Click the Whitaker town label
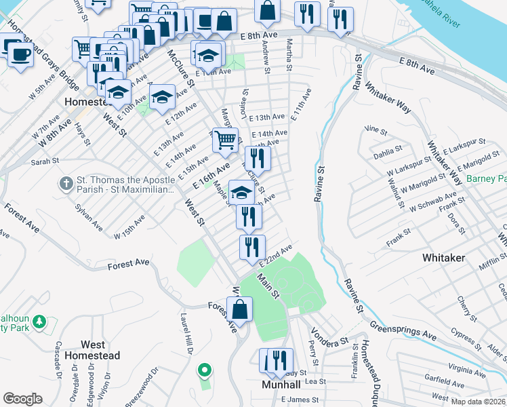(x=443, y=258)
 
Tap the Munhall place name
(x=285, y=384)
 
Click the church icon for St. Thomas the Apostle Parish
(x=66, y=182)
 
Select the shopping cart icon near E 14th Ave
(x=226, y=140)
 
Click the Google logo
(x=22, y=399)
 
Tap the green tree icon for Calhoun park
(x=39, y=322)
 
